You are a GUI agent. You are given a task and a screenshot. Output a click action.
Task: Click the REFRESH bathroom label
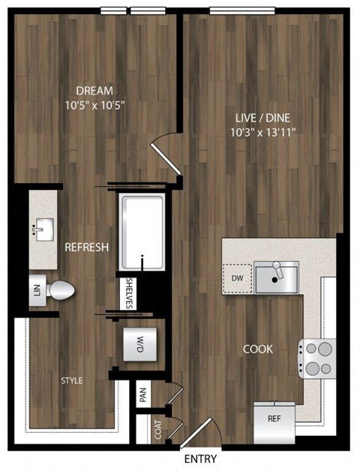click(87, 247)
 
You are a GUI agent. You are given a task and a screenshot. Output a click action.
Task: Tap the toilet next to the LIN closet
click(60, 289)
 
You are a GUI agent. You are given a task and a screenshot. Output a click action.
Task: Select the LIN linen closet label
click(35, 289)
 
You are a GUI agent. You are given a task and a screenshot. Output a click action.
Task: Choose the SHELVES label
click(129, 293)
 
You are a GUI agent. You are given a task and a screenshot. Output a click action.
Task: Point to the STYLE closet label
click(72, 380)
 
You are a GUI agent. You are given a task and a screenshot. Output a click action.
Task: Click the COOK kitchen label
click(257, 349)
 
